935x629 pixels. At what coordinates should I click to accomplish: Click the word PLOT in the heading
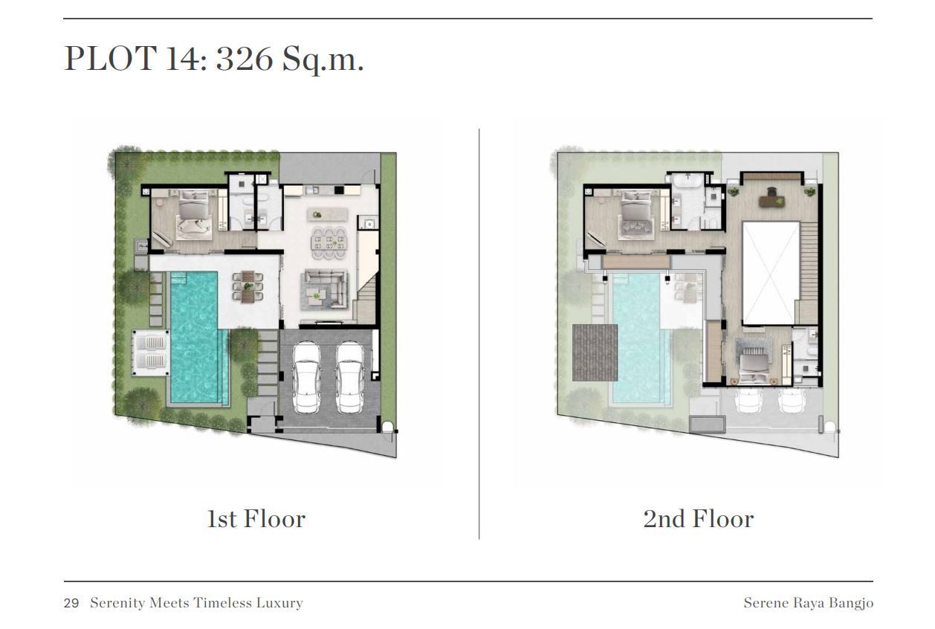tap(111, 58)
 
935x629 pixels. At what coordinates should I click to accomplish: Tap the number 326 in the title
tap(245, 58)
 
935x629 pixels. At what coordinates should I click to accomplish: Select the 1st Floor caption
tap(256, 519)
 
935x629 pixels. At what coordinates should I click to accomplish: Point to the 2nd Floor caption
tap(699, 519)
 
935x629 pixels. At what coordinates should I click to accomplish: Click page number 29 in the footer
tap(71, 603)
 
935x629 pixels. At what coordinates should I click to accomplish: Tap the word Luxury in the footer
tap(279, 603)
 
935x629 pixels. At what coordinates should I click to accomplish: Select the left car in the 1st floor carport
tap(306, 378)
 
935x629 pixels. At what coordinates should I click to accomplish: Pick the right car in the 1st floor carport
tap(349, 378)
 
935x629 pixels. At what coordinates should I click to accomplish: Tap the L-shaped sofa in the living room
tap(325, 289)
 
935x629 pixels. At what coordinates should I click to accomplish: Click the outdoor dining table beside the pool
tap(247, 286)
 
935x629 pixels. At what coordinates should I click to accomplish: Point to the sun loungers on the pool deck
tap(151, 352)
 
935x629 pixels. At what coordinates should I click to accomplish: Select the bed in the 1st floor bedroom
tap(193, 214)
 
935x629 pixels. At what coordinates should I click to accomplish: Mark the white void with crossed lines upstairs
tap(771, 273)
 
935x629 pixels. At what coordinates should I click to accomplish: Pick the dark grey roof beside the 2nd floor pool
tap(595, 352)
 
